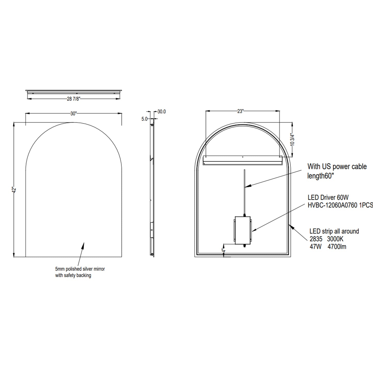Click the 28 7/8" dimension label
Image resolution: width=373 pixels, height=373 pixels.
tap(74, 99)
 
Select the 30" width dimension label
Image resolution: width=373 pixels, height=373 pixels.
tap(74, 114)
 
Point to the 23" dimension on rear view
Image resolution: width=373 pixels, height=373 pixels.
tap(240, 111)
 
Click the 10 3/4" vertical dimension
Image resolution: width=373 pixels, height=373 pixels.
tap(292, 140)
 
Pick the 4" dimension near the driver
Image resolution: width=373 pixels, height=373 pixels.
tap(224, 250)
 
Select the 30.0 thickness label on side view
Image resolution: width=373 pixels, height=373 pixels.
tap(162, 112)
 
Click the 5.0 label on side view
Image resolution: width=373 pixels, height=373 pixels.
tap(144, 119)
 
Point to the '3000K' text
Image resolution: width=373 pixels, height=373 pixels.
tap(335, 239)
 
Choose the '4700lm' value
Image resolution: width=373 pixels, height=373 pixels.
tap(337, 247)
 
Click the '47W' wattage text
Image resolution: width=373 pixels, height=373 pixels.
tap(315, 247)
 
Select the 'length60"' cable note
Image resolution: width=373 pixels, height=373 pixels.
tap(319, 176)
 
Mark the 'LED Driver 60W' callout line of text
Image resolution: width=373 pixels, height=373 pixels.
tap(328, 198)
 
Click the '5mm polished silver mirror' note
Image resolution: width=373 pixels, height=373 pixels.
tap(80, 269)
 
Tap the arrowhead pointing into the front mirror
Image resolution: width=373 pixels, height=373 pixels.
tap(83, 245)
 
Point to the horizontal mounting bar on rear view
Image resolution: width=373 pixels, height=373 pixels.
tap(242, 160)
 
